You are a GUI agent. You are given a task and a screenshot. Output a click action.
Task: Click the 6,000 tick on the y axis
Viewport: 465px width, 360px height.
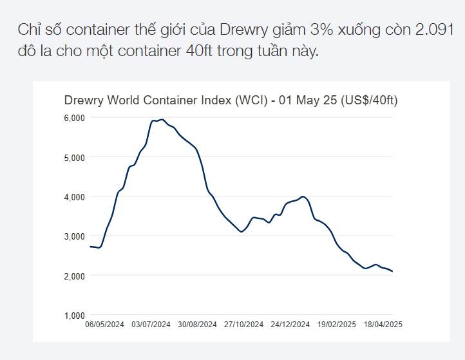(x=75, y=117)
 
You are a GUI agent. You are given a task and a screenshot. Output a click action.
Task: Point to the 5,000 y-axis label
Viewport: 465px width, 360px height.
(x=75, y=157)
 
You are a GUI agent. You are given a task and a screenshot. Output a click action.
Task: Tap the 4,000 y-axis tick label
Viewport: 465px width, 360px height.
(x=75, y=196)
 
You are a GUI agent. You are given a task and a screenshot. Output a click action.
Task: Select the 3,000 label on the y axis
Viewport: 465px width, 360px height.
(x=75, y=236)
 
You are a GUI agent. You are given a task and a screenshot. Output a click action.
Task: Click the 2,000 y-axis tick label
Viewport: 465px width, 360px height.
(x=75, y=276)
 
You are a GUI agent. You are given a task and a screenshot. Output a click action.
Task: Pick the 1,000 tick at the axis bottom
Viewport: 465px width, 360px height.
(x=75, y=316)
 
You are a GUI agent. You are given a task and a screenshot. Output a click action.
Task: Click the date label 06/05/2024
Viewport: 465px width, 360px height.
(x=105, y=325)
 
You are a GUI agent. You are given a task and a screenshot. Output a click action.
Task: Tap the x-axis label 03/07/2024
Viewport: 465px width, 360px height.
(x=151, y=325)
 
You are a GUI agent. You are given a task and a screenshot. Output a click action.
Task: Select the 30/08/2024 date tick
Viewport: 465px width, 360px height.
(x=197, y=325)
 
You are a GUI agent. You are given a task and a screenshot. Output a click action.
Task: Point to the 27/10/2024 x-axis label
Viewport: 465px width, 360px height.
(x=243, y=325)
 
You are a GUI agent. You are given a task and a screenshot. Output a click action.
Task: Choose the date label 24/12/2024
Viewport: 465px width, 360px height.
(x=290, y=325)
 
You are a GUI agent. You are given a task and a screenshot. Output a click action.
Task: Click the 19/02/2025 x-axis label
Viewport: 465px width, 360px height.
(x=337, y=325)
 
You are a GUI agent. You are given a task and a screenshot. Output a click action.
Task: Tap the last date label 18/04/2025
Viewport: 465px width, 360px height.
(x=383, y=325)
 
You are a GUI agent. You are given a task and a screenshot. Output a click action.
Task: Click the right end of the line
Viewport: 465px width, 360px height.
(x=392, y=272)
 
